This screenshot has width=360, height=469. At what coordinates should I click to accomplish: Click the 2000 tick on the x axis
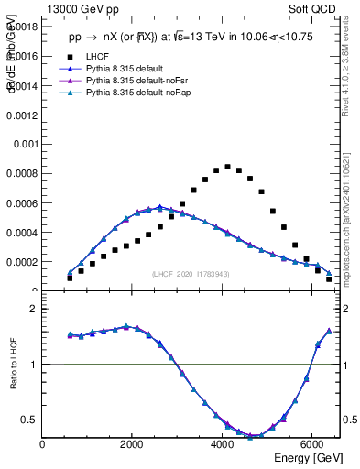[132, 444]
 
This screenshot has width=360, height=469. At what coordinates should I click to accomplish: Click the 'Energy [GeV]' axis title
[309, 457]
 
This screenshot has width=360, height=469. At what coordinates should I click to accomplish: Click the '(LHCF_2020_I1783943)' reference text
[191, 275]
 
